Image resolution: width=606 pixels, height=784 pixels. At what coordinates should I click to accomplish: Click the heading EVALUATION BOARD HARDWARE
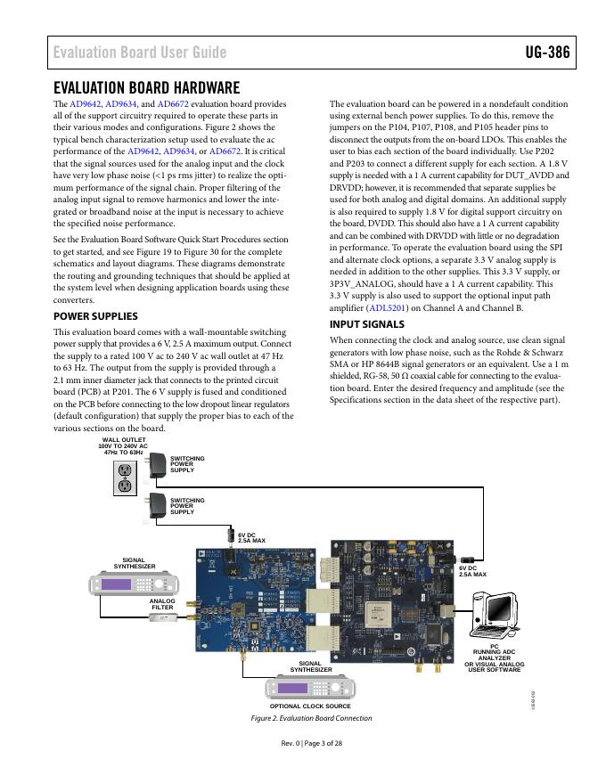click(147, 87)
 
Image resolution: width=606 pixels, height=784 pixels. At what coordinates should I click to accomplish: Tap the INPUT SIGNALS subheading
click(367, 324)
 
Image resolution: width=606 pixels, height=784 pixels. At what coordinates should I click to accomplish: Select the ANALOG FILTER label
click(162, 604)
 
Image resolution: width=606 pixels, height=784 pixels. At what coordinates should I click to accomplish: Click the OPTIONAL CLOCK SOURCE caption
click(310, 706)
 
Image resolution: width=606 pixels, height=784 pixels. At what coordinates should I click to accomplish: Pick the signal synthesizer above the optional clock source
click(310, 688)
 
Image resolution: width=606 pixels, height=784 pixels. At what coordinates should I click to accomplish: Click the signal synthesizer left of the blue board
click(134, 584)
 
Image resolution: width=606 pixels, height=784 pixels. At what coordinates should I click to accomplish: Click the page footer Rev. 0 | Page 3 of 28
click(303, 745)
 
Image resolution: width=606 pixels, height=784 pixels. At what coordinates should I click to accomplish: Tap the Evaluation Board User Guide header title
click(139, 52)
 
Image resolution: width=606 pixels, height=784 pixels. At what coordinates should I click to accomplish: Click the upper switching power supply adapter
click(157, 464)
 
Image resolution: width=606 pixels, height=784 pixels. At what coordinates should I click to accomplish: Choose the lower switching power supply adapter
click(157, 505)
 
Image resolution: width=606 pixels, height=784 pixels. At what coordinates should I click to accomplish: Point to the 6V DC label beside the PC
click(472, 571)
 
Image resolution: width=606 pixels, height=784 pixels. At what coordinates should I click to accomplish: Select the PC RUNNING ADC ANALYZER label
click(495, 658)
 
